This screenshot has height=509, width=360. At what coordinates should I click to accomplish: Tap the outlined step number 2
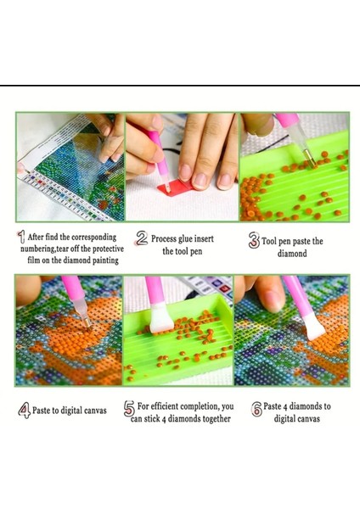click(x=142, y=238)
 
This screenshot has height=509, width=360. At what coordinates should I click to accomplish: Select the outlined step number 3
click(x=253, y=241)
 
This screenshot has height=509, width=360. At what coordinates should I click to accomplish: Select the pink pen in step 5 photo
click(x=155, y=298)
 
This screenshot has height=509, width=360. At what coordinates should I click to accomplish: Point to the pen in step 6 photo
click(x=299, y=301)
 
